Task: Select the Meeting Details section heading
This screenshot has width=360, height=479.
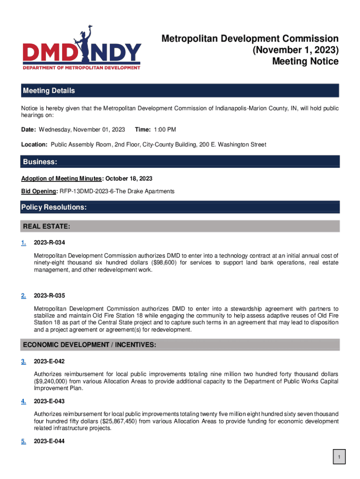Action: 49,91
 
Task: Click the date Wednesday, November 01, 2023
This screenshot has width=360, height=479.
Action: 82,129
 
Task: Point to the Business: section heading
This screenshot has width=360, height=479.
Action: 40,162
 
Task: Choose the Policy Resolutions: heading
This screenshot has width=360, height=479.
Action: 54,207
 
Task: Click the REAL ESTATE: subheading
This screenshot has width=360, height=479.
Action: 47,227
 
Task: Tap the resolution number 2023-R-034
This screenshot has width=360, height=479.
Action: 50,243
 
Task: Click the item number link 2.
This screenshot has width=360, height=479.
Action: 23,296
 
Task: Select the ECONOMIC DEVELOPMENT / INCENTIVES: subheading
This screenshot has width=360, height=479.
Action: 89,345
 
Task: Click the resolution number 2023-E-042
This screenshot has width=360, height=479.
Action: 50,362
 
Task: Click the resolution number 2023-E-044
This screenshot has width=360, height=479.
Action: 50,441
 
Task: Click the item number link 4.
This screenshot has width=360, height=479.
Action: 23,401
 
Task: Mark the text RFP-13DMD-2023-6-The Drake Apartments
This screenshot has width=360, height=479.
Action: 117,191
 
